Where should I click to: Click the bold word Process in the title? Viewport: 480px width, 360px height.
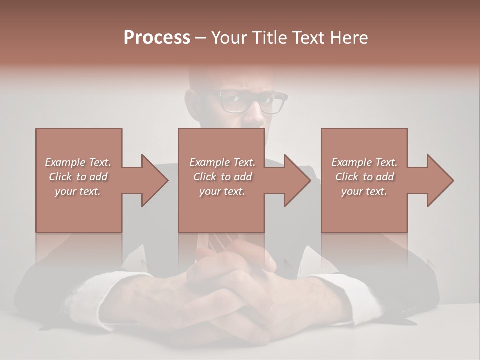(157, 38)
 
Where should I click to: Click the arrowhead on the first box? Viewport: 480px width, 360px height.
(152, 180)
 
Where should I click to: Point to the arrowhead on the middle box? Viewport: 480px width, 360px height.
(295, 180)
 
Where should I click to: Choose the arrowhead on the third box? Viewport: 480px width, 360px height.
(438, 180)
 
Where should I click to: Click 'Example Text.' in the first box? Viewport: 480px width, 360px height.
(78, 162)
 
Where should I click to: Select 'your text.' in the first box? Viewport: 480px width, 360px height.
(78, 191)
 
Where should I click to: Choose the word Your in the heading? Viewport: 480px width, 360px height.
(230, 38)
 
